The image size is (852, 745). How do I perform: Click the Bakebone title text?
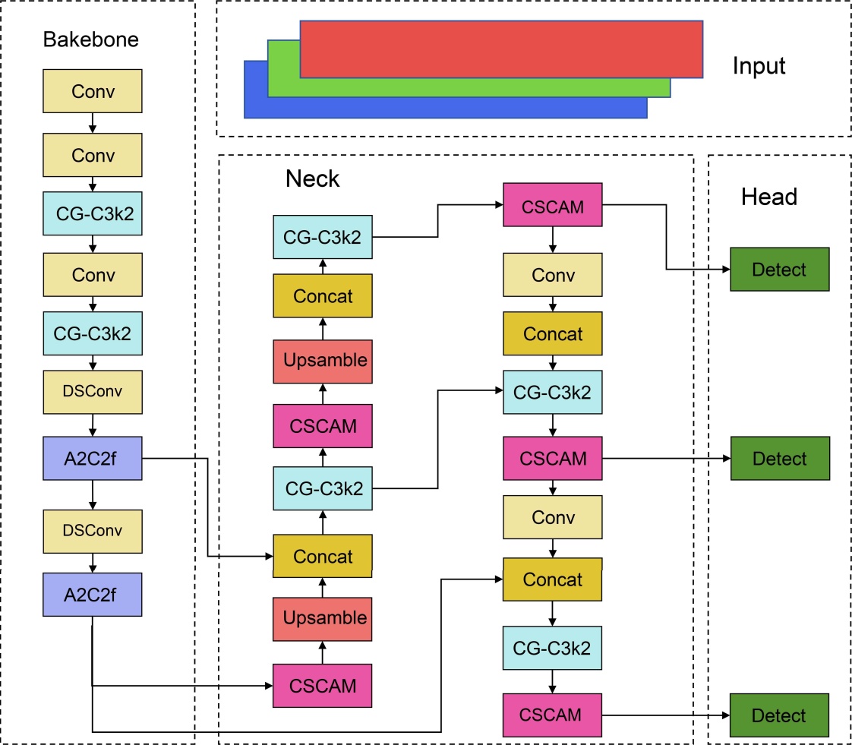click(91, 39)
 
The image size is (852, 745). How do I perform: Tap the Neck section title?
click(312, 179)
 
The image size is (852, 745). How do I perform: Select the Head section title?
click(768, 197)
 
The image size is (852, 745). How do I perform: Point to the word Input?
click(759, 66)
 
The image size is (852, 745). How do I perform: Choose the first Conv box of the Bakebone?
click(93, 91)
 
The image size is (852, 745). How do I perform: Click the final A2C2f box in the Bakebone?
click(93, 594)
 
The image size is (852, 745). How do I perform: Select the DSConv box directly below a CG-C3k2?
click(93, 392)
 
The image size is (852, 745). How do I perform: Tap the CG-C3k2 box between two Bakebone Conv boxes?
click(93, 213)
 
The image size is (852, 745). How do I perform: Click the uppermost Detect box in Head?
click(779, 270)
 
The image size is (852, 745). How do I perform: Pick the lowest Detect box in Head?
click(779, 715)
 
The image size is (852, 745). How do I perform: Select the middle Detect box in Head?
click(779, 459)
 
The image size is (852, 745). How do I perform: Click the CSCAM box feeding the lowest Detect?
click(552, 715)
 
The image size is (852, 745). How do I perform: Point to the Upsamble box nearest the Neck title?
click(323, 361)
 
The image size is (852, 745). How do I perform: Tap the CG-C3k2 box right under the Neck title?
click(323, 236)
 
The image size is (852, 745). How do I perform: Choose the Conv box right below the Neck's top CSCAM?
click(552, 275)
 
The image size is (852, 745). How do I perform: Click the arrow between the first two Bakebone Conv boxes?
click(93, 123)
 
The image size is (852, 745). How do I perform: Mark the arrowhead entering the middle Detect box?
click(725, 459)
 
